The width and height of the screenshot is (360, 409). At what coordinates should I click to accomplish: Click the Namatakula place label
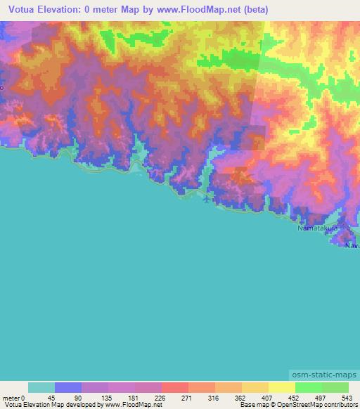pyautogui.click(x=317, y=229)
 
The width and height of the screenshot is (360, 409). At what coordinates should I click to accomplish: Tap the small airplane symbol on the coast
pyautogui.click(x=205, y=200)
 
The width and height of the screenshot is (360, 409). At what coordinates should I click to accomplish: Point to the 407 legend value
pyautogui.click(x=268, y=397)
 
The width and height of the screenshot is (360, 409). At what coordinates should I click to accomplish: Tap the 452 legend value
pyautogui.click(x=295, y=397)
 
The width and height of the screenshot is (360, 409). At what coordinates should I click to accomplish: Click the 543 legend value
pyautogui.click(x=348, y=397)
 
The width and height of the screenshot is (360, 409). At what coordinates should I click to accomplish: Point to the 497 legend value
pyautogui.click(x=321, y=397)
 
